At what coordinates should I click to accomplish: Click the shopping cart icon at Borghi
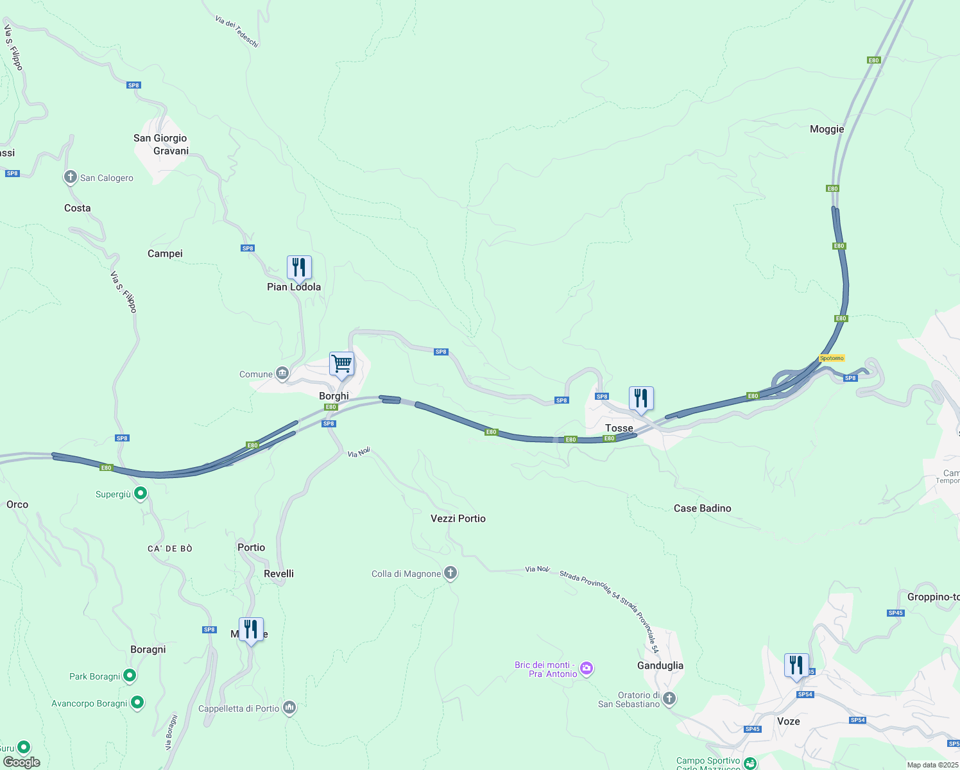[x=341, y=364]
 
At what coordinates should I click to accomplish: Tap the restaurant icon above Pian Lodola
[x=299, y=268]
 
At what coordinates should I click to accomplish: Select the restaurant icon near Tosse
[x=641, y=398]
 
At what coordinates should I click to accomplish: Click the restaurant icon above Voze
[x=796, y=665]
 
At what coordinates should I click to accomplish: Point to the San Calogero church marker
[x=71, y=177]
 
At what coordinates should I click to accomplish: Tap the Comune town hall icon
[x=282, y=373]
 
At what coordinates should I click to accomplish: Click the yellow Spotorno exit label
[x=832, y=358]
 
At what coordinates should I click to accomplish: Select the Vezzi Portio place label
[x=458, y=518]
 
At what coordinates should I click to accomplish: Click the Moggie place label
[x=827, y=129]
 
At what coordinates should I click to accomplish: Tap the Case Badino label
[x=702, y=508]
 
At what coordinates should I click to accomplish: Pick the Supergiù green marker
[x=141, y=493]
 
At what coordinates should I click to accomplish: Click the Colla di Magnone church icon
[x=450, y=573]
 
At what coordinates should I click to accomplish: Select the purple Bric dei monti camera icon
[x=586, y=669]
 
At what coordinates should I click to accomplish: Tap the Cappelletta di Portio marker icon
[x=289, y=708]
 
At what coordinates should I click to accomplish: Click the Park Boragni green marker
[x=130, y=676]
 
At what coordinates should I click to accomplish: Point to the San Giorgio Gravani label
[x=160, y=144]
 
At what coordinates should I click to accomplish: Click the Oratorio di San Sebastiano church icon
[x=669, y=699]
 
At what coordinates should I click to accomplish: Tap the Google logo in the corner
[x=22, y=762]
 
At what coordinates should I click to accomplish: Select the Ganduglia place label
[x=660, y=665]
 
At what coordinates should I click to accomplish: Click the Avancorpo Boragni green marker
[x=137, y=703]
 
